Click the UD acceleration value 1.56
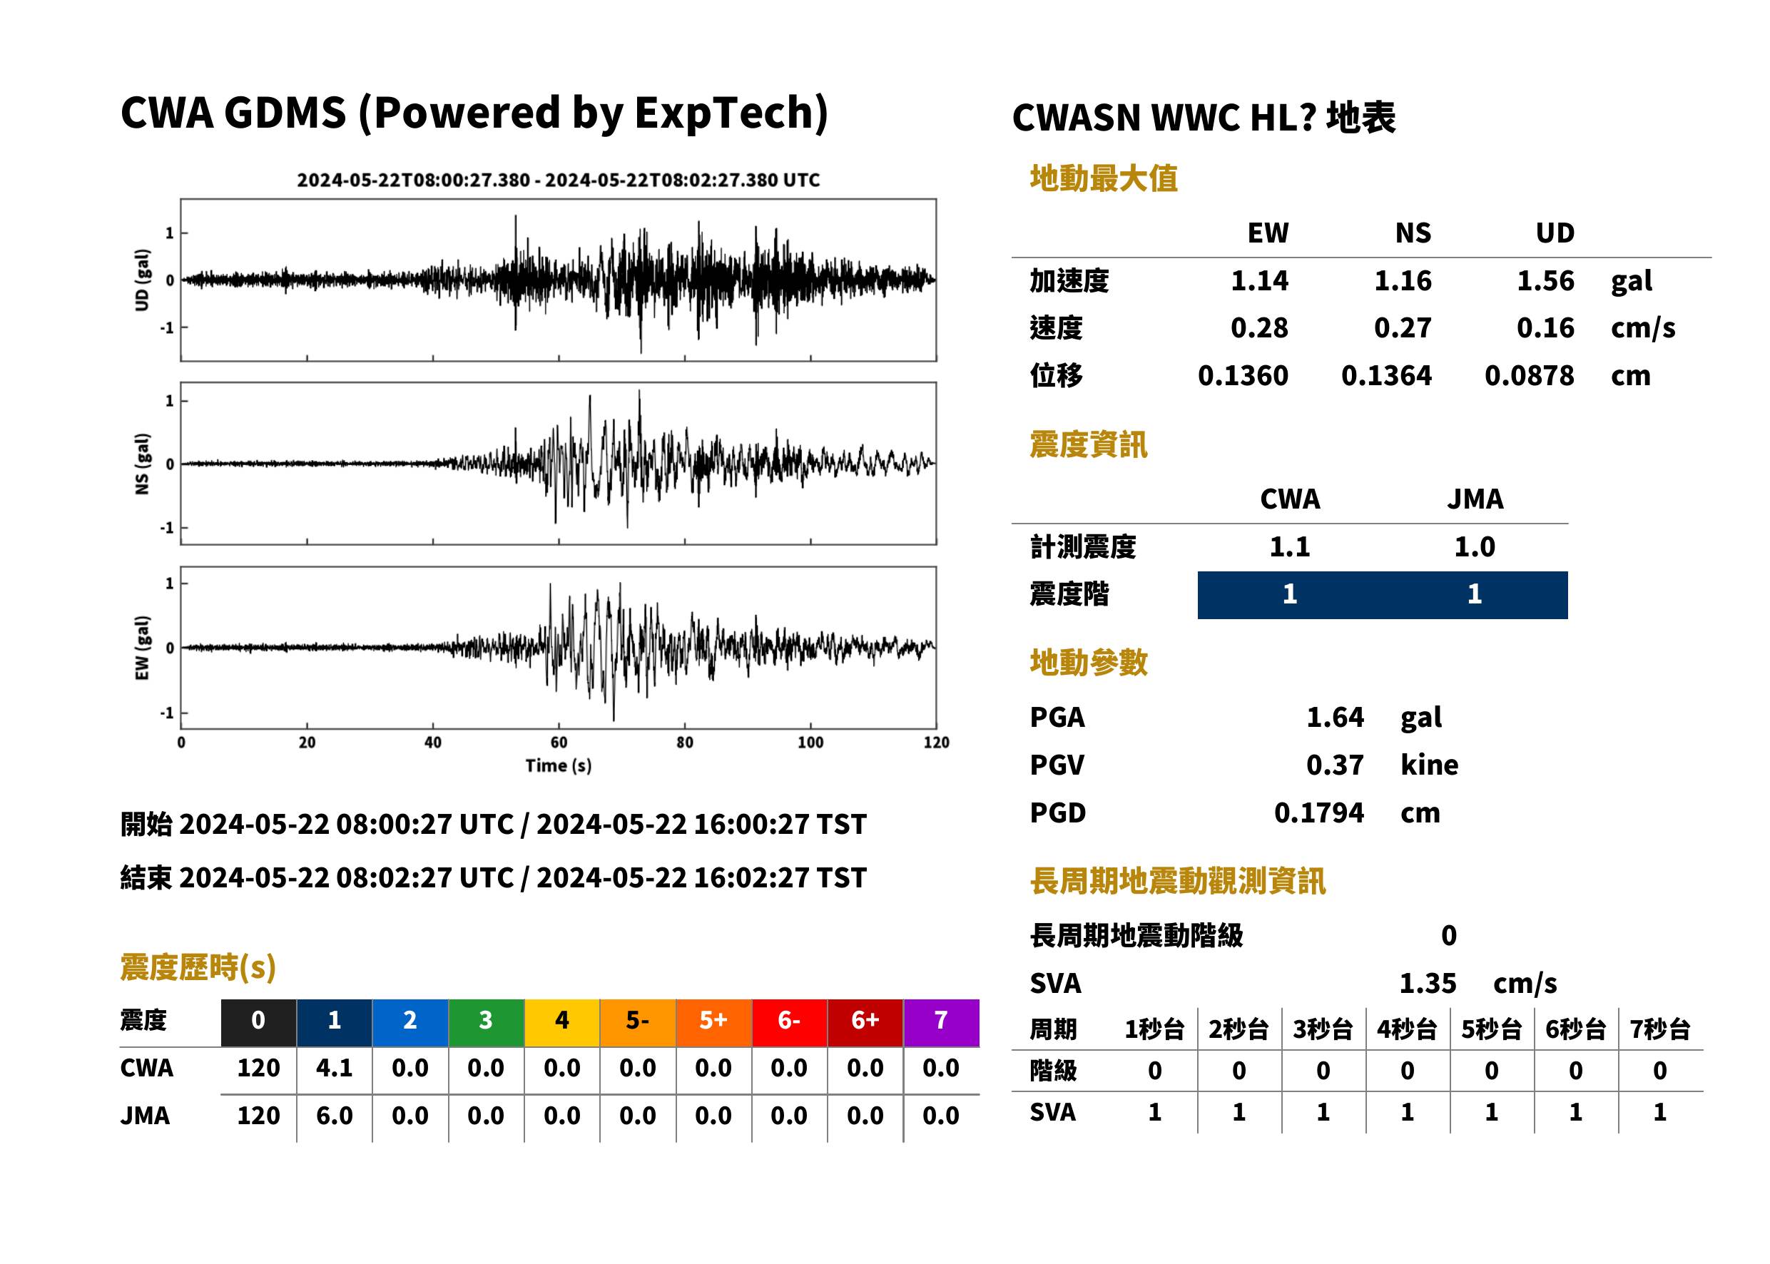click(1545, 280)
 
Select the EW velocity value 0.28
click(1258, 327)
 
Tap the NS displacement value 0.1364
click(1385, 376)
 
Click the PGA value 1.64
click(1335, 717)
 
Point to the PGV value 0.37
click(1335, 765)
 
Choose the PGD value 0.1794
click(1318, 812)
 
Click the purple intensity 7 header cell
click(941, 1022)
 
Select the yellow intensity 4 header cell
click(562, 1022)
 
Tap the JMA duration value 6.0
click(335, 1116)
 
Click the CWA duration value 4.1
click(335, 1068)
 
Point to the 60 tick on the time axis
click(559, 743)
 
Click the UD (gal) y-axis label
click(142, 280)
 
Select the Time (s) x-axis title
click(559, 766)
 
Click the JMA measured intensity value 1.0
click(1474, 546)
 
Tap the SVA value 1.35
click(1428, 983)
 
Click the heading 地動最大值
click(1104, 178)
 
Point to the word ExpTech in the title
click(724, 113)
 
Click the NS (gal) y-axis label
click(142, 464)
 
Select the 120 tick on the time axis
click(937, 743)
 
